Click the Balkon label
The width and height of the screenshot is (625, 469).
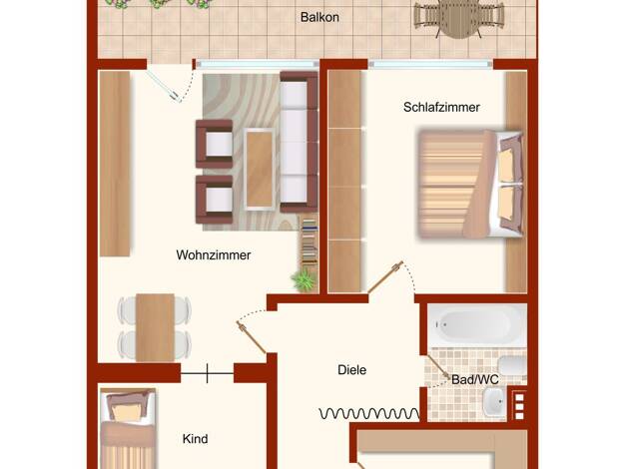click(319, 18)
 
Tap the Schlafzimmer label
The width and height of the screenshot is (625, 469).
click(441, 107)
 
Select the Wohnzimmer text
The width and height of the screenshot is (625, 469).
click(214, 255)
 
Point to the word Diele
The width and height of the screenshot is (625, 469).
click(352, 370)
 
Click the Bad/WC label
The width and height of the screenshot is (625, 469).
click(475, 379)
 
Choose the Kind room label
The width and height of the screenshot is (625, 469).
click(195, 439)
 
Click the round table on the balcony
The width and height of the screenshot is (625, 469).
click(459, 19)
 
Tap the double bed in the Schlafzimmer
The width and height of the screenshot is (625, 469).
click(470, 184)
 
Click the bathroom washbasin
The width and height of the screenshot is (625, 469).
click(494, 402)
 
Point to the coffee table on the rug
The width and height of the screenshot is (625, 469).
click(260, 169)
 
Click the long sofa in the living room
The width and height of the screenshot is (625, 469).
click(299, 142)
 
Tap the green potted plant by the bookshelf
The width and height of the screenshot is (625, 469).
click(305, 280)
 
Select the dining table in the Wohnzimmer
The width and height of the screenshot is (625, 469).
click(155, 327)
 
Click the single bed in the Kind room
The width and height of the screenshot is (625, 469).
click(128, 429)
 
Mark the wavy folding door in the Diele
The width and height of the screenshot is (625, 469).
click(369, 413)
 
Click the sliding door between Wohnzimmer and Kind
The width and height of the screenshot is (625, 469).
click(208, 373)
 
